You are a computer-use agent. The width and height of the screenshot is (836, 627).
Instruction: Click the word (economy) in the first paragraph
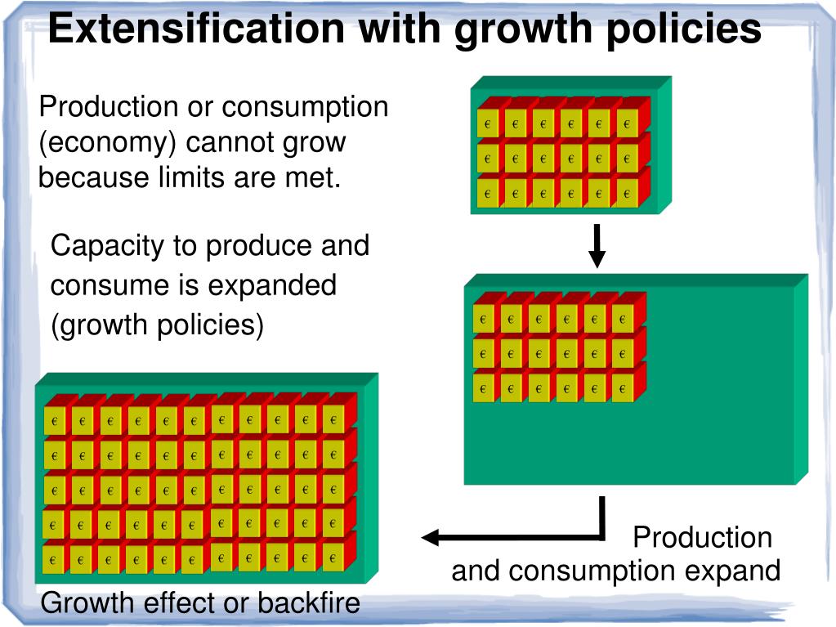coord(108,142)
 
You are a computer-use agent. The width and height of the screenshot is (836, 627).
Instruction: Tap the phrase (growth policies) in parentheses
coord(157,325)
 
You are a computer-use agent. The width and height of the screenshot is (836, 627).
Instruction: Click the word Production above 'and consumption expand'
coord(702,537)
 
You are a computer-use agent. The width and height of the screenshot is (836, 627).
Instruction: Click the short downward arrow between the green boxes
coord(597,246)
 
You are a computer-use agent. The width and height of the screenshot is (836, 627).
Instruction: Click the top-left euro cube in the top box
coord(488,123)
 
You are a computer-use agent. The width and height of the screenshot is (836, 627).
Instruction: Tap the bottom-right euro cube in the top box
coord(627,194)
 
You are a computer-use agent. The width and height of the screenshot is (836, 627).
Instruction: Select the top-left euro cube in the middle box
coord(484,319)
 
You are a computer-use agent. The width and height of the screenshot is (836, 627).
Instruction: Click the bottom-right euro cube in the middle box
coord(622,388)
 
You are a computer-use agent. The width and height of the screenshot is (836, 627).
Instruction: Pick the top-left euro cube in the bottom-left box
coord(55,421)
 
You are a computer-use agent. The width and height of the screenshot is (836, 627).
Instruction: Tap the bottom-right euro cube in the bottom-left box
coord(333,558)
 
